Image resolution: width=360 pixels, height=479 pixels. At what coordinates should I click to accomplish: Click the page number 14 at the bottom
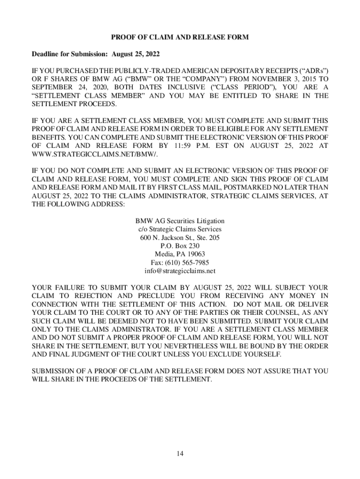tap(180, 454)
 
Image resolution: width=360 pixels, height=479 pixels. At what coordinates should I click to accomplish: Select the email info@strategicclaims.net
tap(180, 271)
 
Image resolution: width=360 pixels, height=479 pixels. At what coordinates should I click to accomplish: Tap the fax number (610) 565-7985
tap(180, 262)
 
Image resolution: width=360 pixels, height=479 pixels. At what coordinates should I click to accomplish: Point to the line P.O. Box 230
tap(180, 246)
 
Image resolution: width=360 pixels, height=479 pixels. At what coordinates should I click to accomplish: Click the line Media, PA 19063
tap(180, 254)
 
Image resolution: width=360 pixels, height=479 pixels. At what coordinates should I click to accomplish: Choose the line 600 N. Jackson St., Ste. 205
tap(180, 237)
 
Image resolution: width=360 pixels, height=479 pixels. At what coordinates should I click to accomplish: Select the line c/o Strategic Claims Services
tap(180, 229)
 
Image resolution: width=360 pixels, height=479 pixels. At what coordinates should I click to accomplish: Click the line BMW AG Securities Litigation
tap(180, 221)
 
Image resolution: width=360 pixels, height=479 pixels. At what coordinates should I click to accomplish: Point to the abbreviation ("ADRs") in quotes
tap(310, 70)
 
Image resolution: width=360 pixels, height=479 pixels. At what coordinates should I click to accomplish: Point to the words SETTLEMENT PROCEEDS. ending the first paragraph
tap(74, 103)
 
